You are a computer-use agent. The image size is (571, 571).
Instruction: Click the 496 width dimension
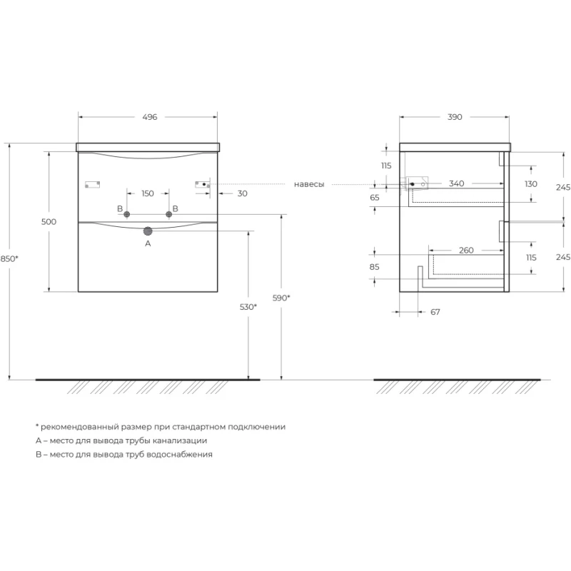coord(150,117)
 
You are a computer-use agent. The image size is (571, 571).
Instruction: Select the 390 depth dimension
coord(455,117)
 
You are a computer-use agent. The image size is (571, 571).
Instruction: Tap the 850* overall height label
coord(9,259)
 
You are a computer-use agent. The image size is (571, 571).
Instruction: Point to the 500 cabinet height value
coord(49,222)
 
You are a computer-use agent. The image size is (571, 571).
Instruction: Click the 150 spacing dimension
coord(148,193)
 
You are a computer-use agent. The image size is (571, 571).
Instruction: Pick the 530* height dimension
coord(248,307)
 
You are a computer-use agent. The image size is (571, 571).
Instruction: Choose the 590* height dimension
coord(281,298)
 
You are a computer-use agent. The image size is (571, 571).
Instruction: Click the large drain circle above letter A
coord(148,231)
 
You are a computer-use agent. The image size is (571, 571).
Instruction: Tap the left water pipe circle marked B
coord(127,215)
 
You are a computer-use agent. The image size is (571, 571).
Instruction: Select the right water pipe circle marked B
coord(169,215)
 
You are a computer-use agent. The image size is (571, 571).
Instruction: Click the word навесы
coord(309,185)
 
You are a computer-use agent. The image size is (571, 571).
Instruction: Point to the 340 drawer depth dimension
coord(456,183)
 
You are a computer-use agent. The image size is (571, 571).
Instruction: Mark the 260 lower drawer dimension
coord(466,251)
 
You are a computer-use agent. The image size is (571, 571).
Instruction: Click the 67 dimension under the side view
coord(435,312)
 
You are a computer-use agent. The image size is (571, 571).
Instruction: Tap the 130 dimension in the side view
coord(531,184)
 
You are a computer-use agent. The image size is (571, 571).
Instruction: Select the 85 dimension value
coord(374,267)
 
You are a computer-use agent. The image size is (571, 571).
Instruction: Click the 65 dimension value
coord(374,198)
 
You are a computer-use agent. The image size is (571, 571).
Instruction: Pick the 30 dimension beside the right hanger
coord(242,193)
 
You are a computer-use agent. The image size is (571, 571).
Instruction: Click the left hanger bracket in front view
coord(92,184)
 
